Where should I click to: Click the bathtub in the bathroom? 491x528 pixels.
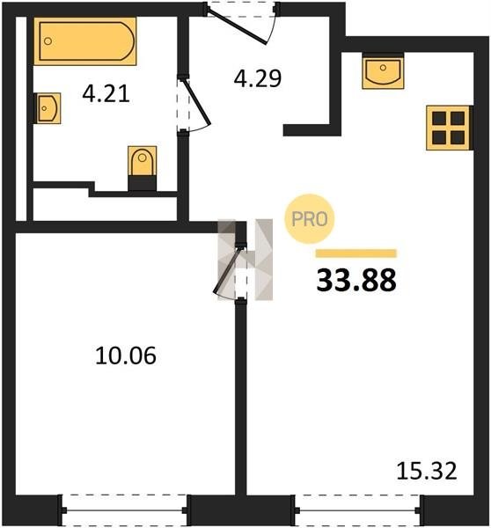pos(85,41)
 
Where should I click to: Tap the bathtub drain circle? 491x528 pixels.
pos(48,41)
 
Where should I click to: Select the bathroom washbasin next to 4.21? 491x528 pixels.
pos(48,108)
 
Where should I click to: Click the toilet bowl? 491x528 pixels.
pos(143,161)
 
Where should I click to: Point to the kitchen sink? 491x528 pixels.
pos(383,72)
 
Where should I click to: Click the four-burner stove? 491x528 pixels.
pos(448,128)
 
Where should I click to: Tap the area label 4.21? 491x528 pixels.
pos(106,94)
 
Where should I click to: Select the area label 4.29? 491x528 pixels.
pos(258,78)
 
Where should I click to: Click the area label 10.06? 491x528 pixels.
pos(126,356)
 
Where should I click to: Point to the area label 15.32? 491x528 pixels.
pos(427,471)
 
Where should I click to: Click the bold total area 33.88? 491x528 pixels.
pos(356,281)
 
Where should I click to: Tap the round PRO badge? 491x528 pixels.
pos(310,219)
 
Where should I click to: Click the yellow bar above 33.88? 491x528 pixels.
pos(356,253)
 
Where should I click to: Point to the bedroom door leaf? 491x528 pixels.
pos(228,270)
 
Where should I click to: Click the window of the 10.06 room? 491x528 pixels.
pos(125,510)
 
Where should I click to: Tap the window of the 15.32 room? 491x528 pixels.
pos(357,510)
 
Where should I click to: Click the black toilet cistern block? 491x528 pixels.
pos(143,184)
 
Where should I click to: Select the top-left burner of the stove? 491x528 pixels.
pos(439,118)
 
